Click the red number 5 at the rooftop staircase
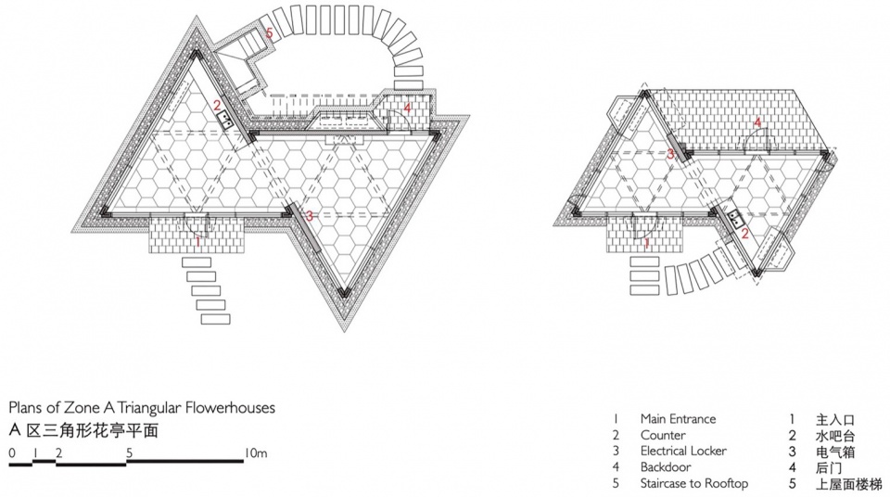pos(269,33)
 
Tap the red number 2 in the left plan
pos(217,105)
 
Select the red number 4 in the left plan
pos(408,107)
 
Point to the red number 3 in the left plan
pos(310,216)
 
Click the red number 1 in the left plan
pos(197,241)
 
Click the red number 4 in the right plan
pos(757,122)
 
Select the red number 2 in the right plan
pos(744,233)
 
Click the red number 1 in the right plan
pos(646,244)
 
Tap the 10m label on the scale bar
pos(256,452)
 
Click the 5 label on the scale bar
pos(130,452)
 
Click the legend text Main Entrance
pos(678,418)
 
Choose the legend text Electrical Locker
pos(683,451)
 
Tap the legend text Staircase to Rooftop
pos(694,483)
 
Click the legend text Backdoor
pos(666,467)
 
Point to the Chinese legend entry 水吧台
pos(835,436)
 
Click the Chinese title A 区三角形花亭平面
pos(83,430)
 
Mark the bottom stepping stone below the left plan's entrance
pos(216,319)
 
